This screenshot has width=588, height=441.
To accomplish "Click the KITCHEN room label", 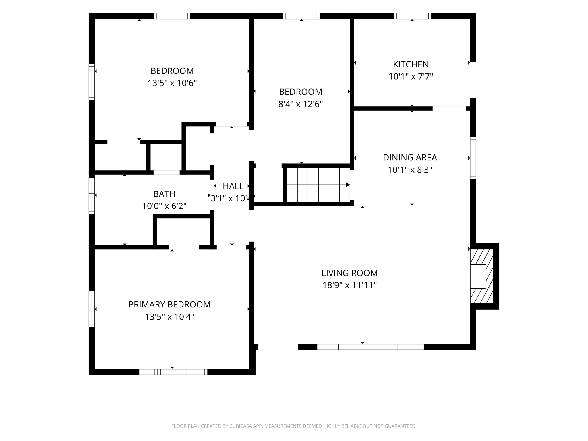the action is coord(411,64).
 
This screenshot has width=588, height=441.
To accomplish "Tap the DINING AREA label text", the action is coord(410,157).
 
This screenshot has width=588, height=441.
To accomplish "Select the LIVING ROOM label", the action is coord(349,273).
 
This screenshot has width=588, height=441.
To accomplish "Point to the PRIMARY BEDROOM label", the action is coord(169,304).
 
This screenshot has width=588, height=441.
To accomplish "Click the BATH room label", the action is coord(164,194).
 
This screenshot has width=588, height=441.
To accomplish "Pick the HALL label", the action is coord(233,186).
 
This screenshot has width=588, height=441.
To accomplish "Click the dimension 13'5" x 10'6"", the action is coord(172,83).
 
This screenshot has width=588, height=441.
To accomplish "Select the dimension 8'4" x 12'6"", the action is coord(301,104).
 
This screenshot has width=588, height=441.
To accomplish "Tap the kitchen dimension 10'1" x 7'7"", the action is coord(411,76).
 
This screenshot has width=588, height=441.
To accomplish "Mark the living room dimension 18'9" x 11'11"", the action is coord(349,285).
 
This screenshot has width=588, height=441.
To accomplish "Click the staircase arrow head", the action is coord(348,185).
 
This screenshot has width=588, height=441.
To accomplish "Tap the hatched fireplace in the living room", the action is coord(481,276).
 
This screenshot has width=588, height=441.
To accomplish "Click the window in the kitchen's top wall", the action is coord(412,16).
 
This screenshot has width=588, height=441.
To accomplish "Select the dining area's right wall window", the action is coord(473,158).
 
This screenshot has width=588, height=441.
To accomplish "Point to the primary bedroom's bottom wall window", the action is coord(173,372).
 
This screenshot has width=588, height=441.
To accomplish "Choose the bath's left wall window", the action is coord(92,196).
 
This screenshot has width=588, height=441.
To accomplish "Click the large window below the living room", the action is coord(370,347).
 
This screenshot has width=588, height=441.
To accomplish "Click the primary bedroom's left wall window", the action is coord(92,309).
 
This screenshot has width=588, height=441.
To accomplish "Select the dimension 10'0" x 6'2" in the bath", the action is coord(164,206).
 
